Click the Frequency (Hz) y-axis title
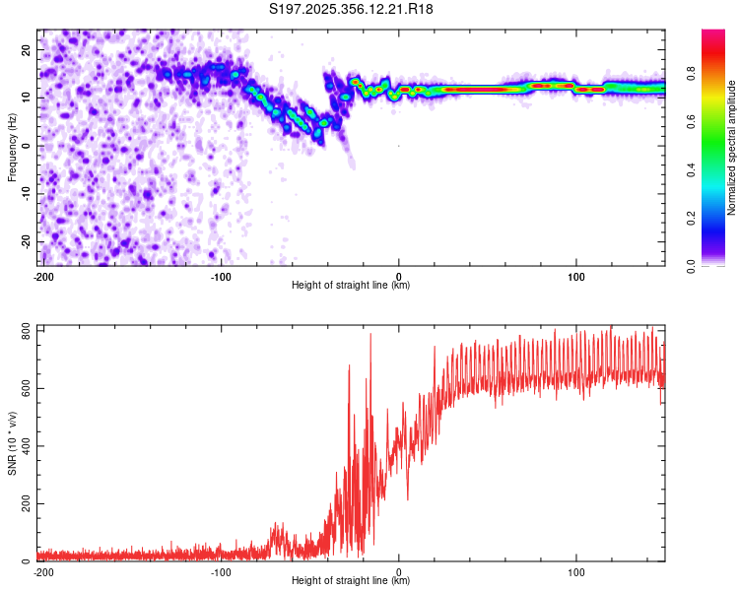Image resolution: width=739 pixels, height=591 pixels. [12, 147]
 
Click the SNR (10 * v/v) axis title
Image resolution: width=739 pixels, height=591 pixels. [12, 442]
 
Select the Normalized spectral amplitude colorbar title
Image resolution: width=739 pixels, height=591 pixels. [732, 147]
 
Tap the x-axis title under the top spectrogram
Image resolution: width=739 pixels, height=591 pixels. [351, 285]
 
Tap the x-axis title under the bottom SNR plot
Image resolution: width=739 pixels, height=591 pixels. [351, 580]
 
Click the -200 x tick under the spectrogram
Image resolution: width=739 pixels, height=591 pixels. [43, 276]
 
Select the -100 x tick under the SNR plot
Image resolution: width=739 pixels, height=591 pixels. [221, 571]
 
